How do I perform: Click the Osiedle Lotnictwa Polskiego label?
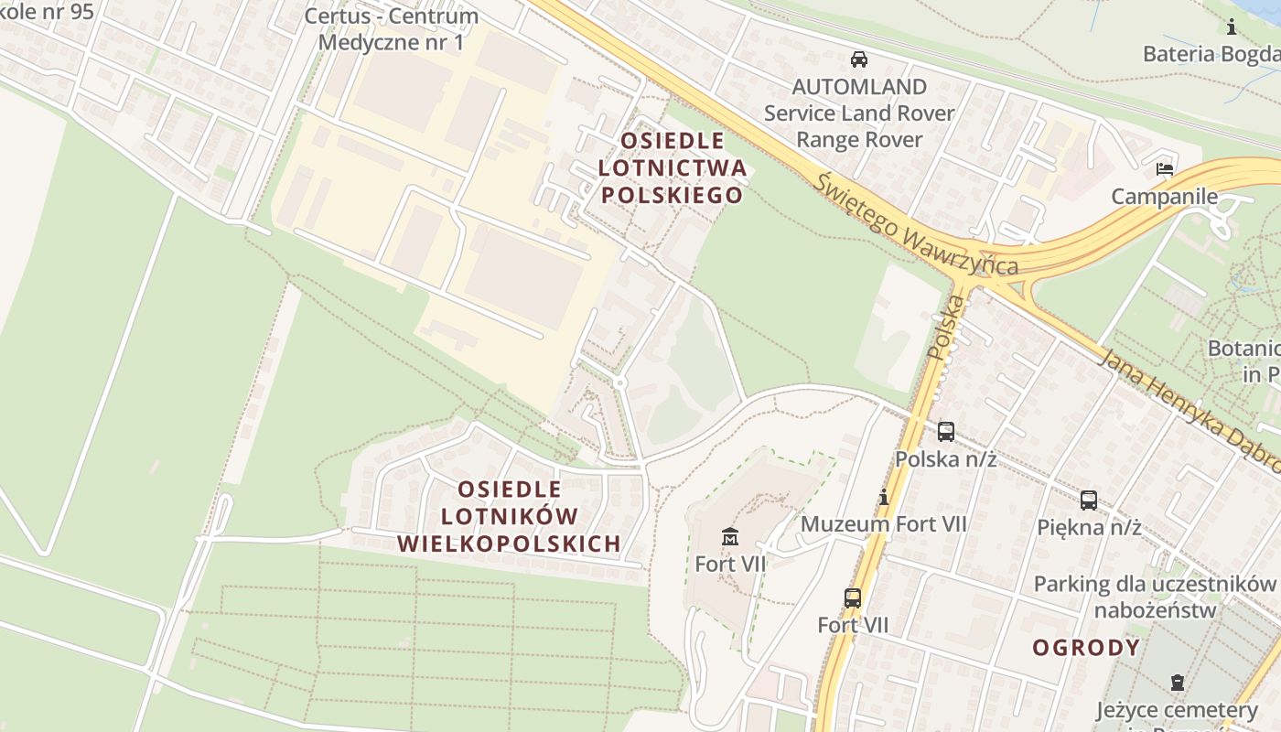[672, 168]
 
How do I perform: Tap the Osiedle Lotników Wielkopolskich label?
[509, 516]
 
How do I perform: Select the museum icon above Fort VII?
[730, 536]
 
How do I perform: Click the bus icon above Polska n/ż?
[946, 431]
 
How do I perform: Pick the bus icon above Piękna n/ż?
[1089, 500]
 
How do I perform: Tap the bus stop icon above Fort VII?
[853, 598]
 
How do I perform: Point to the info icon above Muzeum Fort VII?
[884, 498]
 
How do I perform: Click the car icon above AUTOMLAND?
[859, 59]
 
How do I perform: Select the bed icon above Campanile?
[1165, 169]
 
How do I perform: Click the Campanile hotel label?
[1165, 197]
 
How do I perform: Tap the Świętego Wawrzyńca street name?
[915, 225]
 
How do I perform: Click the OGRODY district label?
[1087, 648]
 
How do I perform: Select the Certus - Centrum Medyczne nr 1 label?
[391, 29]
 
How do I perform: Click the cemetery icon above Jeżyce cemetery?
[1177, 682]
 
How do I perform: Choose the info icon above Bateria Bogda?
[1232, 27]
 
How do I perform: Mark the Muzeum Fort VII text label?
[883, 524]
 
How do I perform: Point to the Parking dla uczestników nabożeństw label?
[1155, 597]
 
